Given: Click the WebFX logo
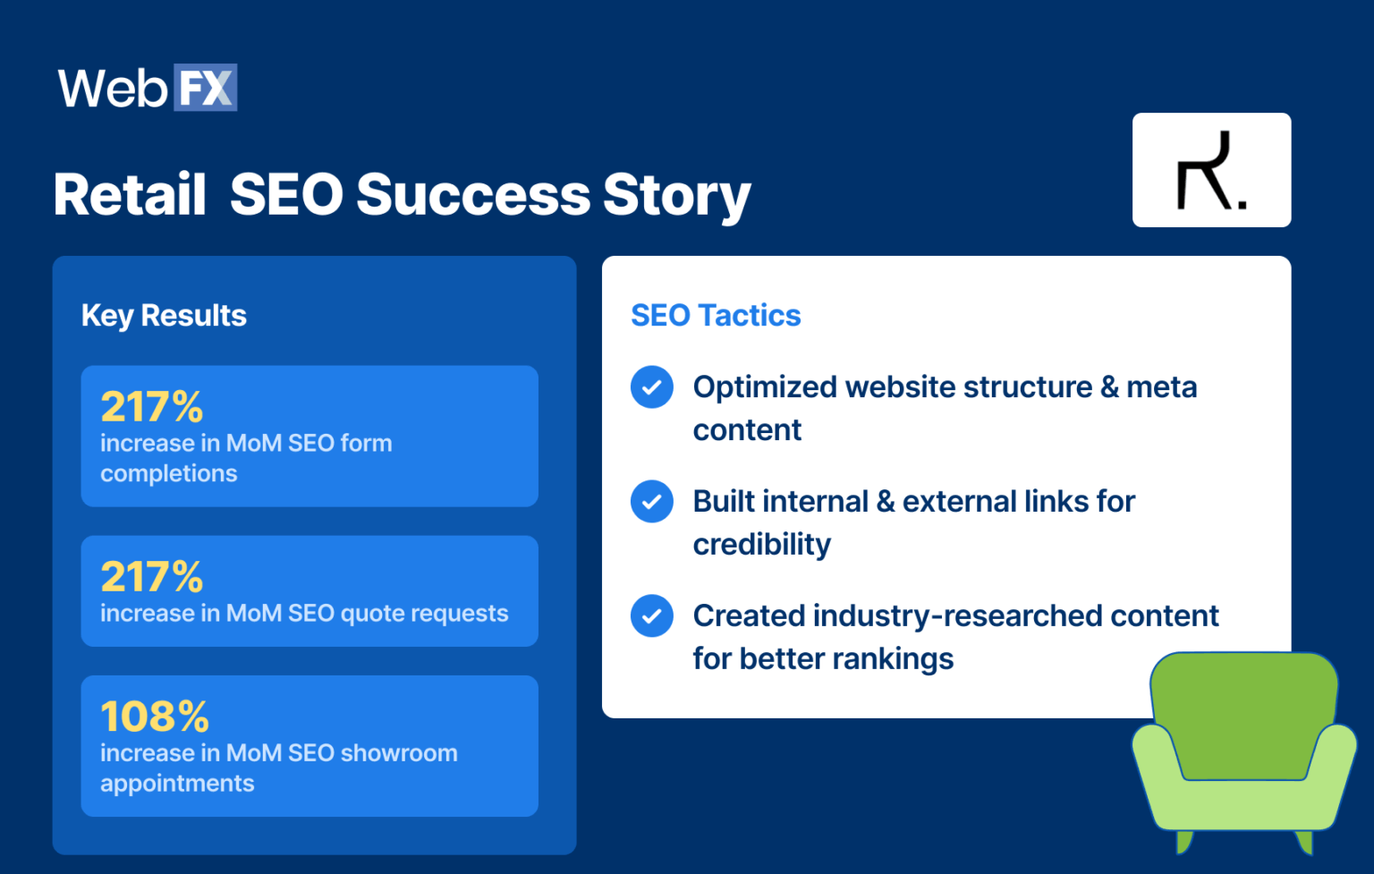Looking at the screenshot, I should tap(147, 88).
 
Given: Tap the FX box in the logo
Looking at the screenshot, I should tap(205, 88).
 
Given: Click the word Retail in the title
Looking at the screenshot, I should tap(130, 195).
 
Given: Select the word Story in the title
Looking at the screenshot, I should tap(676, 195).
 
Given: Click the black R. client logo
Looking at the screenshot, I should tap(1210, 170).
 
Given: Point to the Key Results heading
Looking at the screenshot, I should tap(164, 316).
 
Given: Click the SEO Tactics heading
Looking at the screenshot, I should tap(716, 316).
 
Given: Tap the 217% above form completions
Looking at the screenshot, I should tap(152, 407).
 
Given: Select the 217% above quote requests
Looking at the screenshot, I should tap(152, 577).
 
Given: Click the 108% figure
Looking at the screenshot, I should tap(155, 717).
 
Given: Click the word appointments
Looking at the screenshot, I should tap(177, 784).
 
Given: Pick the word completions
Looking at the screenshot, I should tap(169, 474).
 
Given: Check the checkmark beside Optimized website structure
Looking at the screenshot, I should tap(652, 387).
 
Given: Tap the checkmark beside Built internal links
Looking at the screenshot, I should tap(652, 502).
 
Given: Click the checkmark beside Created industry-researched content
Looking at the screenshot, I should tap(652, 616).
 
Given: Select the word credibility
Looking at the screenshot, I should tap(762, 545).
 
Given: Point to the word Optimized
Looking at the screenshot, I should tap(765, 387).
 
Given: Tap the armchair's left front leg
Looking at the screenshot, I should tap(1183, 841).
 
